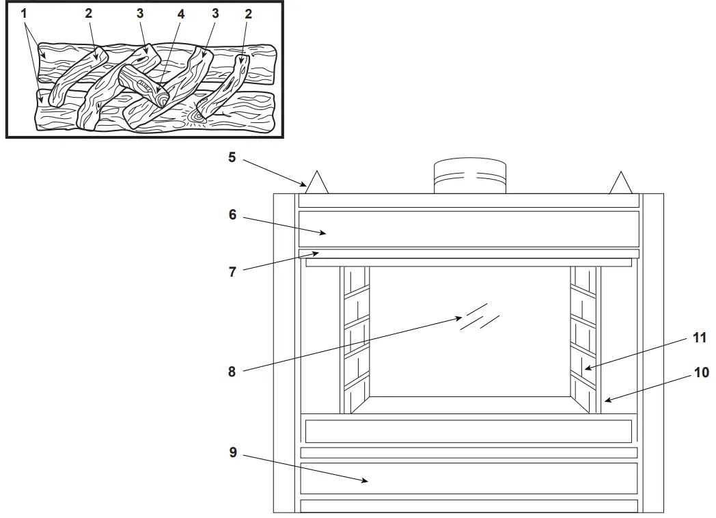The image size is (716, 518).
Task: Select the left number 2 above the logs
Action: [x=88, y=14]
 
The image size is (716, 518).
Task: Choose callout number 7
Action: [x=233, y=271]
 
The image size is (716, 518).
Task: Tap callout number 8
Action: [x=233, y=373]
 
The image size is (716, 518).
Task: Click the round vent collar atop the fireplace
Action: [x=470, y=177]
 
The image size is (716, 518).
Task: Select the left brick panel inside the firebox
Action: [x=355, y=340]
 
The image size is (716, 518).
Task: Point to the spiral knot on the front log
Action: [x=199, y=117]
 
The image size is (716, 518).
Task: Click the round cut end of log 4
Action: [x=163, y=100]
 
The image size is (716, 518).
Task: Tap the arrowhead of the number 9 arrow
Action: [x=370, y=481]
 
